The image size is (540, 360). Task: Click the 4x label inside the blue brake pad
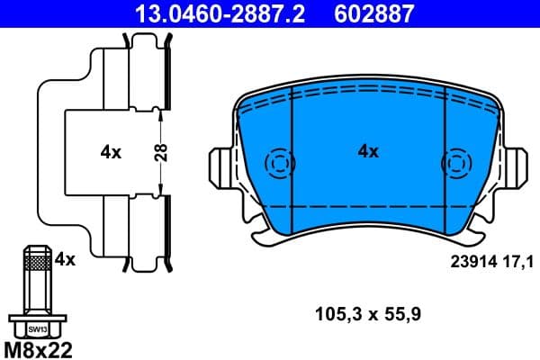click(367, 152)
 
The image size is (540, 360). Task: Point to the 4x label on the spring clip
click(110, 152)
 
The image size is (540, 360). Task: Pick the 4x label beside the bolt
click(65, 259)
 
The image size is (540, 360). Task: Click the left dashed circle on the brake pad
click(280, 163)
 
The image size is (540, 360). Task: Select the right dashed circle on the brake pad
click(454, 163)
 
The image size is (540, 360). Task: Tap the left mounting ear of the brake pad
click(220, 166)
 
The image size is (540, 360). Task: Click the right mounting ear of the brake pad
click(515, 166)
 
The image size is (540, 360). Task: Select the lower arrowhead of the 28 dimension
click(160, 190)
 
